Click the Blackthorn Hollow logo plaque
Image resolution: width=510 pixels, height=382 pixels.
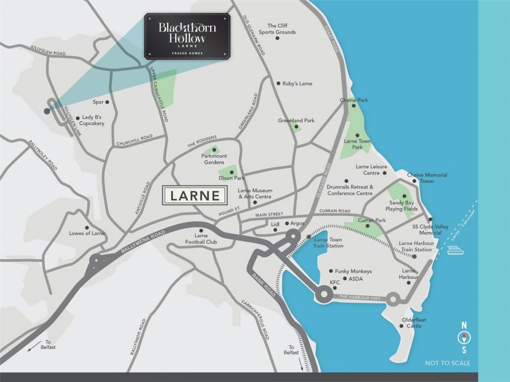click(x=187, y=36)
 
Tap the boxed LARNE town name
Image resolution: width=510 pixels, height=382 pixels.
click(x=196, y=196)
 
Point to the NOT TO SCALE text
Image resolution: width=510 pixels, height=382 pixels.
click(x=448, y=363)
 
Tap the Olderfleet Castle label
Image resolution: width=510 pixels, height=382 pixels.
click(x=414, y=323)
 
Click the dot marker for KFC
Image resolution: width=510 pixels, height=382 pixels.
click(x=335, y=288)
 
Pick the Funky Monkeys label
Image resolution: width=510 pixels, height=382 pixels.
click(x=354, y=271)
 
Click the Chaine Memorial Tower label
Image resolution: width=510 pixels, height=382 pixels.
click(x=427, y=178)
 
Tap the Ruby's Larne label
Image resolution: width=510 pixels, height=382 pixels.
click(x=297, y=84)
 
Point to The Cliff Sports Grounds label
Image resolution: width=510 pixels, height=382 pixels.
click(x=278, y=29)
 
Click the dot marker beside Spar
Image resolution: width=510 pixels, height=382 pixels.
click(x=107, y=102)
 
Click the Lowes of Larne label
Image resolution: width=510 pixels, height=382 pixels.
click(x=87, y=233)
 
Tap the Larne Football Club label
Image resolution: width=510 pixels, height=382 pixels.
click(x=198, y=238)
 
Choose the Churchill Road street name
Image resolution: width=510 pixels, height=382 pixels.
click(x=134, y=140)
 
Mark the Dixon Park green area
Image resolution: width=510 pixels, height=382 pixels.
click(x=228, y=172)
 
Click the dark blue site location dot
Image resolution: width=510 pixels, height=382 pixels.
click(x=47, y=111)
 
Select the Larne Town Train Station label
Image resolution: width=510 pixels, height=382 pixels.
click(x=329, y=243)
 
